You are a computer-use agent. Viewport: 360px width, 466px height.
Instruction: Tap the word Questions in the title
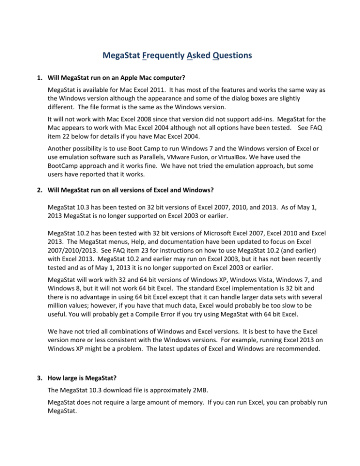[x=229, y=56]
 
